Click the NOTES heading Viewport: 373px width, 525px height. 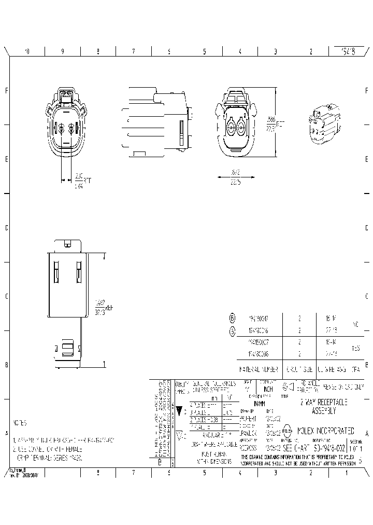(x=20, y=423)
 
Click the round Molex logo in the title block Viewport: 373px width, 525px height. (x=286, y=431)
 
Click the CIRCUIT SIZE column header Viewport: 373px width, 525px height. (x=299, y=370)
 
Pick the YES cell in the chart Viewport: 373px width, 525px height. (x=356, y=349)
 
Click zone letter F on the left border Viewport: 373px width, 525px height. (x=6, y=91)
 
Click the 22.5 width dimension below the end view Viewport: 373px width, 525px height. (x=236, y=181)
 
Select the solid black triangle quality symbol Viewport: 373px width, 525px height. (x=180, y=411)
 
